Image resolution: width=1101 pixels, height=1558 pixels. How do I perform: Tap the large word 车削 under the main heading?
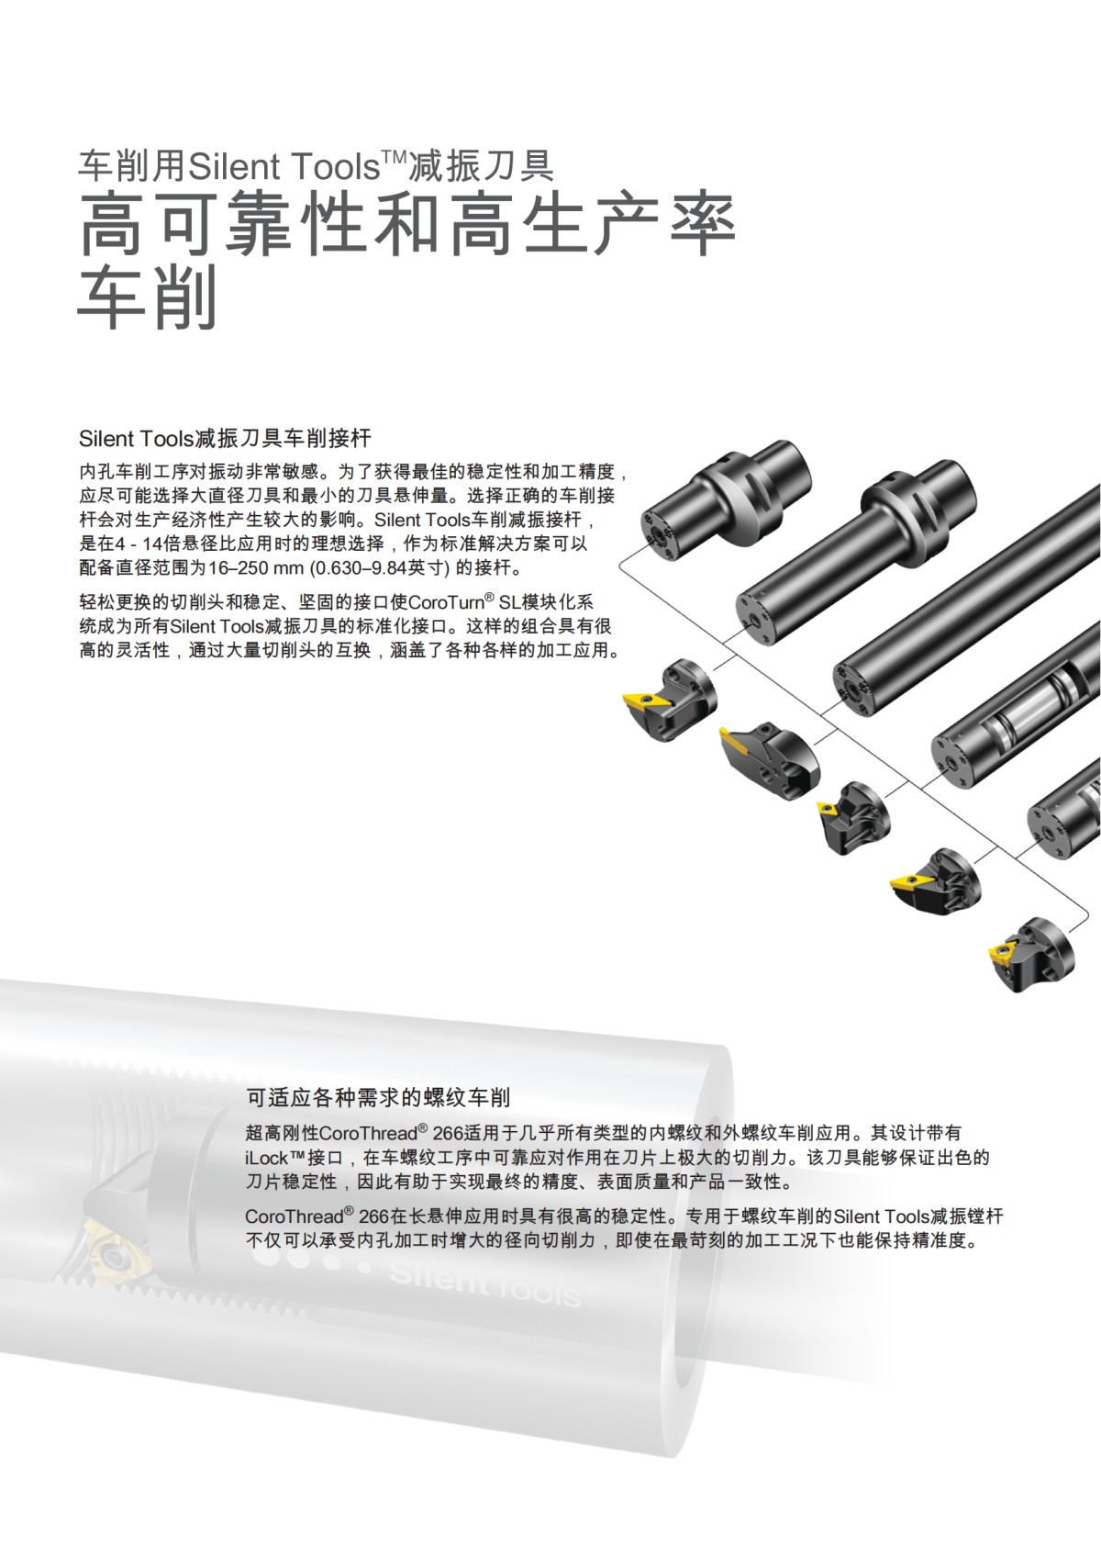click(x=147, y=298)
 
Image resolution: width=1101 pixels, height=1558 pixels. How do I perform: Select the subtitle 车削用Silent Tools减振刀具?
click(x=316, y=166)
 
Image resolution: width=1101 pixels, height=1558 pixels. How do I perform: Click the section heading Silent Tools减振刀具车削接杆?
click(x=225, y=438)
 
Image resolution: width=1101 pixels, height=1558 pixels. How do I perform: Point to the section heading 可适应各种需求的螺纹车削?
click(x=378, y=1096)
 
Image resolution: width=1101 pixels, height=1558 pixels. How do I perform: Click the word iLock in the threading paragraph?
click(x=267, y=1158)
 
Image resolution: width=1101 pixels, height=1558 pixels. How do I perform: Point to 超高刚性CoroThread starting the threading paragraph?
click(x=331, y=1133)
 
